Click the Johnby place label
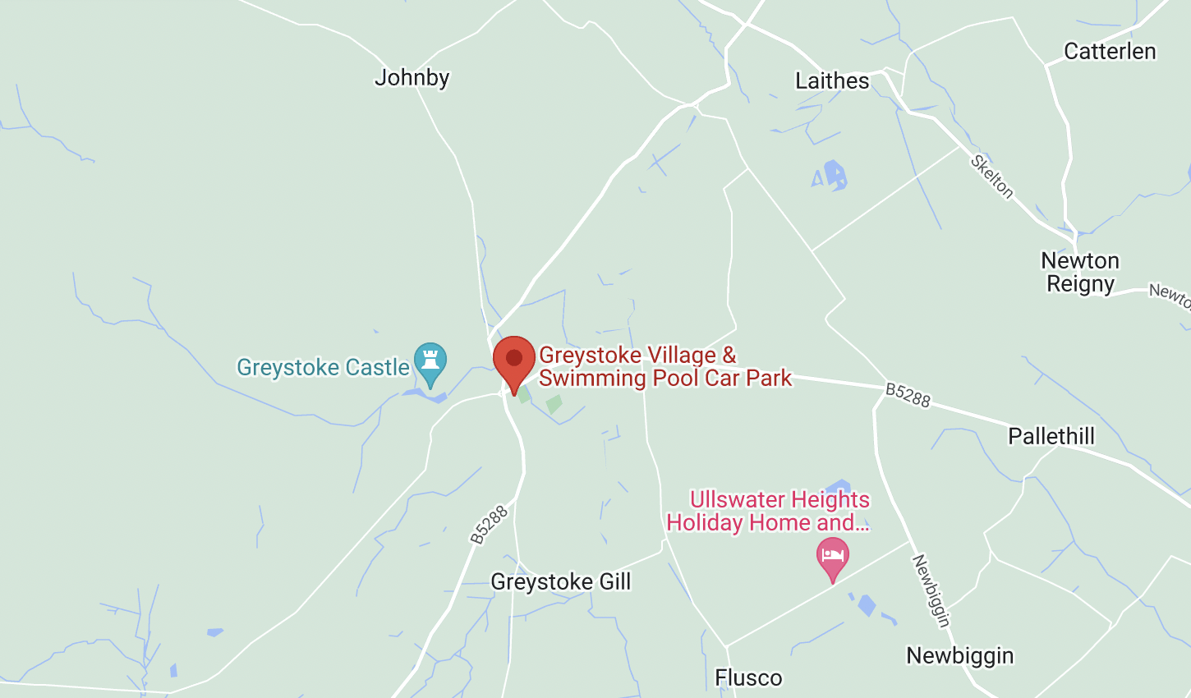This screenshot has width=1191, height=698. coord(412,78)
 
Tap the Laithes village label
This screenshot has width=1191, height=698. coord(831,81)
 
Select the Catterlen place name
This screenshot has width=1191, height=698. coord(1109,52)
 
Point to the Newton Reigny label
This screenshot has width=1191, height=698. coord(1079,273)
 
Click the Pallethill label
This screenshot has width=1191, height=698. coord(1051,436)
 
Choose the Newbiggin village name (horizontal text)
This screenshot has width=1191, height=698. coord(959,656)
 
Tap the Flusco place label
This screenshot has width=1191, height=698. coord(748,678)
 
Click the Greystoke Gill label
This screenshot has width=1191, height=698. coord(560,582)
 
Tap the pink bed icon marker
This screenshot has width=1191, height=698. coord(832,556)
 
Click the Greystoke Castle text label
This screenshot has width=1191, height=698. coord(323,367)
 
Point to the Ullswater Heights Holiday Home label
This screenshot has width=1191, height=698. coord(768,511)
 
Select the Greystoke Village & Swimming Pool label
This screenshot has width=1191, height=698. coord(665,366)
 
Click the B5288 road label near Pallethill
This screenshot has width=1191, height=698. coord(908,395)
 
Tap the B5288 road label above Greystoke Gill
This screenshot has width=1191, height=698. coord(490,525)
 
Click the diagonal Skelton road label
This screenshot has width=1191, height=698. coord(991,176)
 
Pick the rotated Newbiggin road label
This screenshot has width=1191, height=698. coord(931,591)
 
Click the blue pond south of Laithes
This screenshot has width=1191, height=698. coord(834,175)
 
